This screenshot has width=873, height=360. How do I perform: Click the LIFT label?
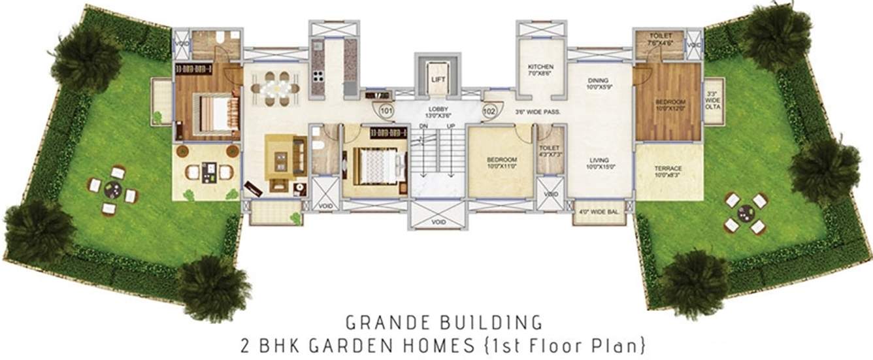click(437, 80)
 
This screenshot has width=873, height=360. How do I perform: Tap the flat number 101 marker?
click(386, 111)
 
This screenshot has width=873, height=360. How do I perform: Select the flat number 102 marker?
click(489, 111)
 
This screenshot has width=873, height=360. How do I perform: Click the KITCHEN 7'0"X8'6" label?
click(541, 71)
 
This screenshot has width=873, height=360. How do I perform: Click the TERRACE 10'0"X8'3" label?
click(668, 171)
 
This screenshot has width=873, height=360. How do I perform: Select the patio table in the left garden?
click(112, 191)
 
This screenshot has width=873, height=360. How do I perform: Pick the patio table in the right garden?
click(745, 213)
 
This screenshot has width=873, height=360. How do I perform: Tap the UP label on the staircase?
click(450, 126)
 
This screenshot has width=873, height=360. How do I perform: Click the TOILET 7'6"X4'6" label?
click(660, 39)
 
